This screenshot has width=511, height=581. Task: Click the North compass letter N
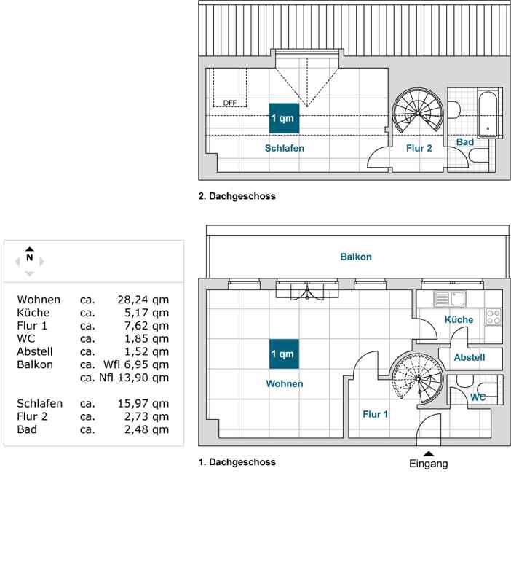30,257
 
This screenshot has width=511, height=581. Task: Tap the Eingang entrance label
429,464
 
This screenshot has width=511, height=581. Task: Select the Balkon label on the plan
356,257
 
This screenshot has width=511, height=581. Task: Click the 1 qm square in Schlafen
284,117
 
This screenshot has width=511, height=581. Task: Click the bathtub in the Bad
488,113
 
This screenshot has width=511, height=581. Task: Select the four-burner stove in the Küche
494,316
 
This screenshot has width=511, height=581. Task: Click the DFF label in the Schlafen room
230,103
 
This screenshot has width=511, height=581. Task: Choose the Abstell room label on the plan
470,357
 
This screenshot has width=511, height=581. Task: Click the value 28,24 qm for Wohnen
143,300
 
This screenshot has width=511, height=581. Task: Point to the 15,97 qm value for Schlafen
143,403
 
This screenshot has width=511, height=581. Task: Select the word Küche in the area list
33,313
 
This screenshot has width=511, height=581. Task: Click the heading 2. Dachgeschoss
237,196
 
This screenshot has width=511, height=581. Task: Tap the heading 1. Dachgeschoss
237,461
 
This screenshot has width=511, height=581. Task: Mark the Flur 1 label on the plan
376,414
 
